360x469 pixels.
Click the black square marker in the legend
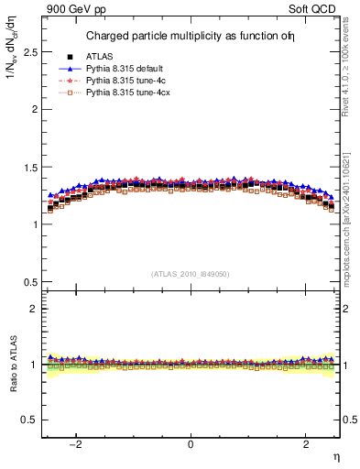pyautogui.click(x=69, y=57)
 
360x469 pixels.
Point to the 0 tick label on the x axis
pyautogui.click(x=191, y=444)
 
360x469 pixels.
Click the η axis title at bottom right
pyautogui.click(x=335, y=455)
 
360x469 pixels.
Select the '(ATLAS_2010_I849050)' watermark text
pyautogui.click(x=191, y=274)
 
